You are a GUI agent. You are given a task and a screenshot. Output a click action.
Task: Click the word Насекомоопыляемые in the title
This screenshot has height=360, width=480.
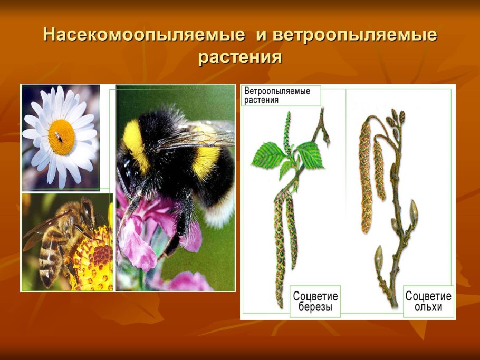[x=144, y=35]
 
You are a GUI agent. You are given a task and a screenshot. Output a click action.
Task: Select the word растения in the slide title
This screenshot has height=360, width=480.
[x=240, y=56]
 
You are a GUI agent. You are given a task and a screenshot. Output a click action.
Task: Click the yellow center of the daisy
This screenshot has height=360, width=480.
[x=61, y=137]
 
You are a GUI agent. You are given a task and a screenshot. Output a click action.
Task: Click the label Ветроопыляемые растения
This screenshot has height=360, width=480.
[x=276, y=95]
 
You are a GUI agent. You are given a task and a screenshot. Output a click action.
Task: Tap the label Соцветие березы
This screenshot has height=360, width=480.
[x=315, y=301]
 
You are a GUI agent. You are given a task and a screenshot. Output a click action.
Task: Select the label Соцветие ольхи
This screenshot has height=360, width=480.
[x=428, y=301]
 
